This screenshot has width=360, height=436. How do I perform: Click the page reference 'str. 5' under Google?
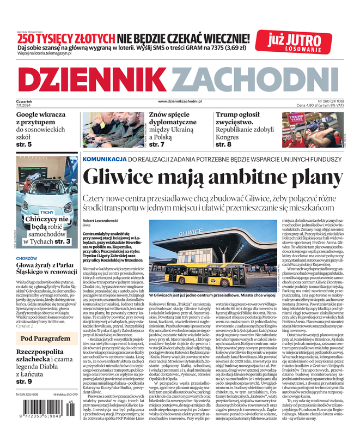click(24, 144)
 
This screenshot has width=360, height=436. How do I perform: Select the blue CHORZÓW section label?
click(27, 258)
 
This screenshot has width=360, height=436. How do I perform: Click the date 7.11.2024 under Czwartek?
click(24, 106)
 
